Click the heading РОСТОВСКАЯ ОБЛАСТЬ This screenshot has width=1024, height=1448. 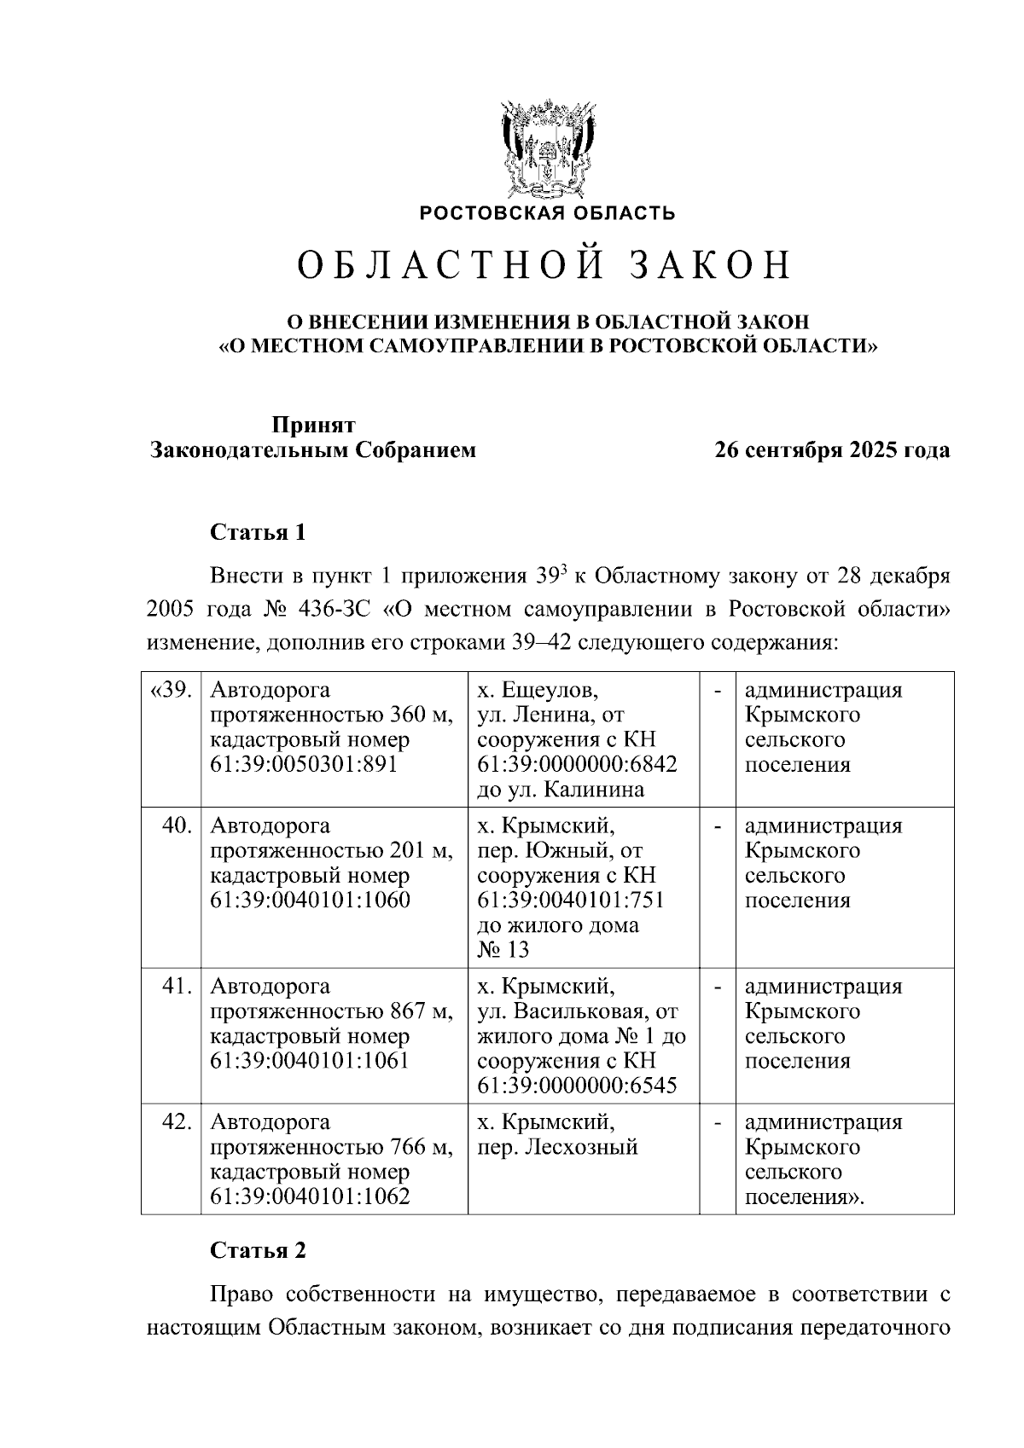pos(547,213)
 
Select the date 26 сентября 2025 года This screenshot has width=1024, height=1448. pos(832,450)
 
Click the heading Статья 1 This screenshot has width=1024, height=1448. pos(258,533)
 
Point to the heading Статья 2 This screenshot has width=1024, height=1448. pos(258,1251)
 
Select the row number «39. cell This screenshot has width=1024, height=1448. pos(171,690)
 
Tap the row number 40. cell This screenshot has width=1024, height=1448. pos(177,826)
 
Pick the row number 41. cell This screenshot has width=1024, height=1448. pos(177,987)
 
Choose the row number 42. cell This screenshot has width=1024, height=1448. pos(177,1122)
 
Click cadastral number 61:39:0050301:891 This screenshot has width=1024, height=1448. pos(304,764)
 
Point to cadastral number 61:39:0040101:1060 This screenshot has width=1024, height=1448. pos(310,901)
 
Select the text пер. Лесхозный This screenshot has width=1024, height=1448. pos(557,1147)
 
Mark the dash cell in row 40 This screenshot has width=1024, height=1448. pos(718,826)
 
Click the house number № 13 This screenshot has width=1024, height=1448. pos(503,950)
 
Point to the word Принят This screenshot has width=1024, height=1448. pos(313,425)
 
